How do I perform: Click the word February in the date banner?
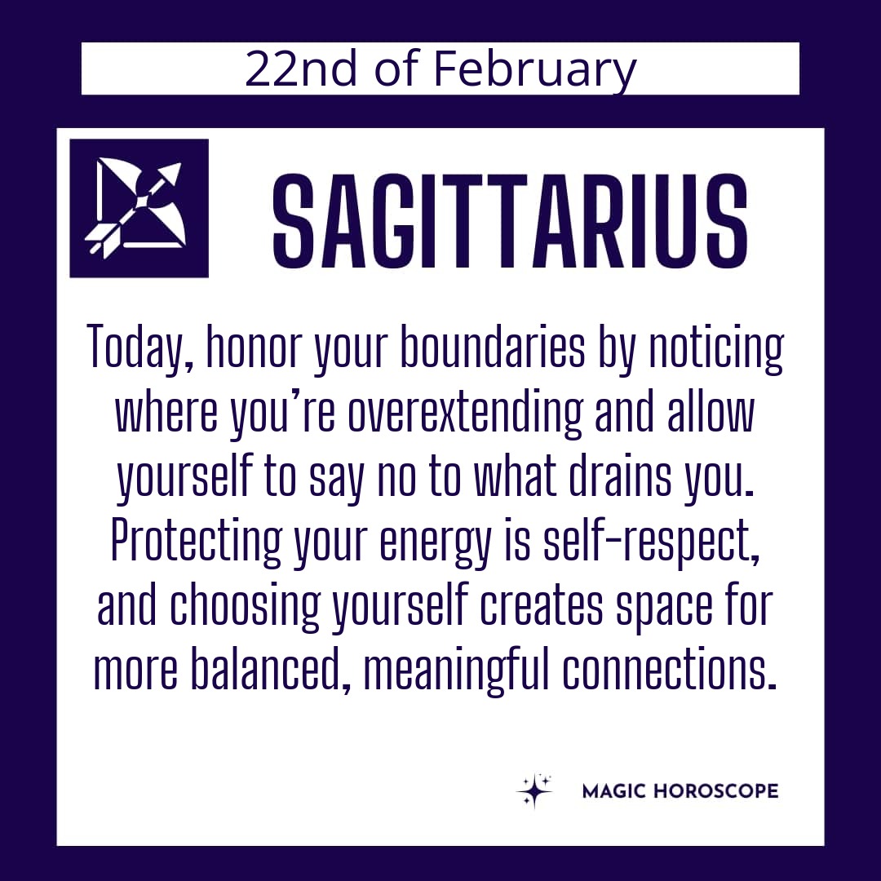coord(534,69)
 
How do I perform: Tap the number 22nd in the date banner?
coord(301,69)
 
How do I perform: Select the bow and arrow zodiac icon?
coord(139,208)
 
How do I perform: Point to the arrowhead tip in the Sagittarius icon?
coord(180,165)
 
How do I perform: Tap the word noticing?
coord(716,348)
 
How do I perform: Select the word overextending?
coord(465,413)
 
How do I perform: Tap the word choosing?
coord(245,608)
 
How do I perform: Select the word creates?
coord(542,609)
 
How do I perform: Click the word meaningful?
coord(456,671)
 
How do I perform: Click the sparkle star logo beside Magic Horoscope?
coord(533,790)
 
